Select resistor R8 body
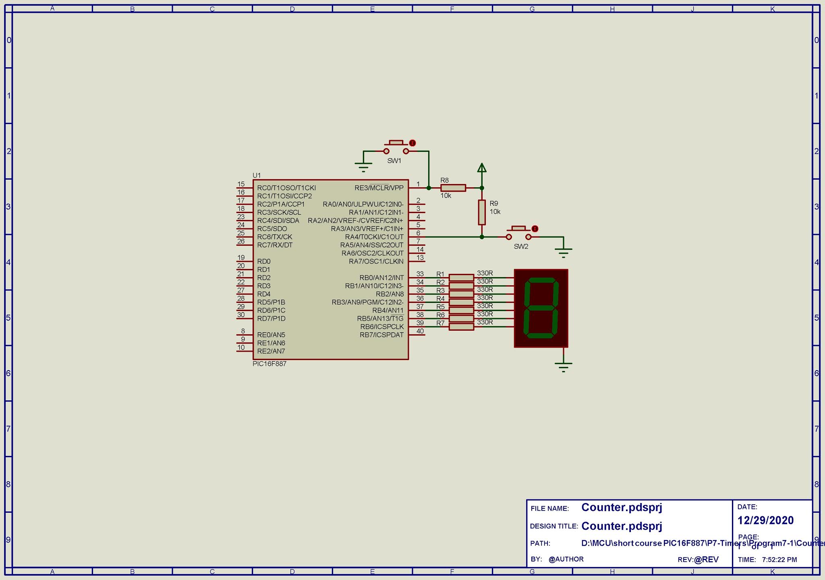(x=453, y=188)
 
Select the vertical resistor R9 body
(x=482, y=212)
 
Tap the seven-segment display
(x=541, y=308)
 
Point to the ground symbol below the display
(x=563, y=366)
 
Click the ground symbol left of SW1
(x=363, y=166)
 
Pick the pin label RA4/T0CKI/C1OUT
(x=374, y=237)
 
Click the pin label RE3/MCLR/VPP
(x=379, y=188)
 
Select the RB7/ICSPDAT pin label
(x=381, y=335)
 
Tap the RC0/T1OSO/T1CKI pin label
(x=286, y=188)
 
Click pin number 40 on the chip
(x=420, y=331)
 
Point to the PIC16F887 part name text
(x=269, y=364)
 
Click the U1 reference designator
(x=257, y=175)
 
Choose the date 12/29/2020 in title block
(x=765, y=520)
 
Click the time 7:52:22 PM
(x=779, y=559)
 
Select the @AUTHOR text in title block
(x=566, y=559)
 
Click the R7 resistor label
(x=441, y=323)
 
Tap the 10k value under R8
(x=446, y=196)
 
